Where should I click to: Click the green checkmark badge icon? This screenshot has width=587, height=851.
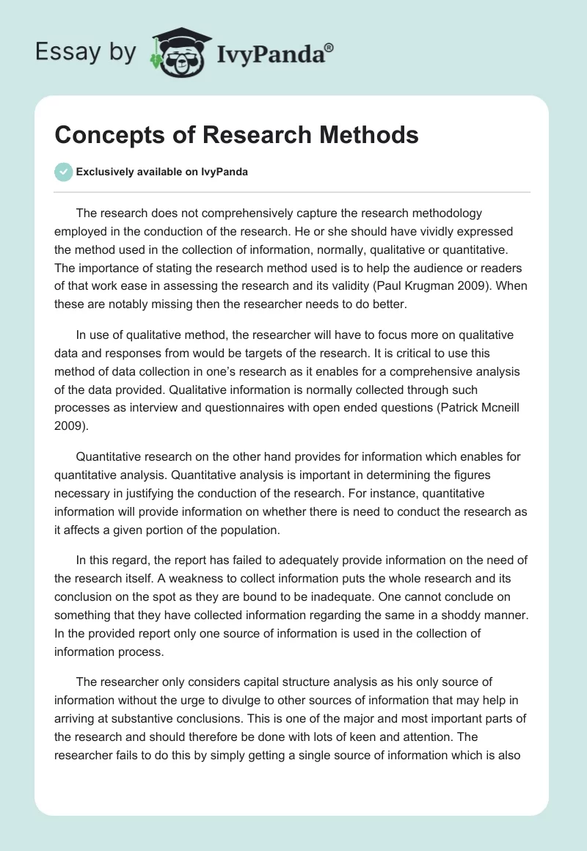pos(65,172)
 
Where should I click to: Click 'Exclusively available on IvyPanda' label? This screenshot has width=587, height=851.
pos(161,172)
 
